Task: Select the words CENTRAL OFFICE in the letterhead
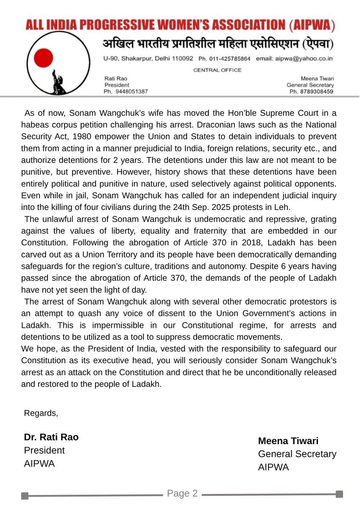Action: (x=217, y=70)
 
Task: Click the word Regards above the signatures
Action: (x=41, y=413)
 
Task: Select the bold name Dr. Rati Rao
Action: (x=51, y=437)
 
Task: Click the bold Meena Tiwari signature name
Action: (x=288, y=441)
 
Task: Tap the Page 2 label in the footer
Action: (x=182, y=493)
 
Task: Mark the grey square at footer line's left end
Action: (x=25, y=495)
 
